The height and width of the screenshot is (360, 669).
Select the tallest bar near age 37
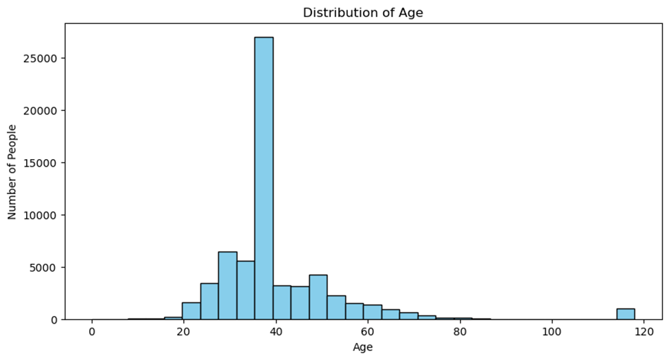pos(263,178)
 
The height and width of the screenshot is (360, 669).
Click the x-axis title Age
pos(363,348)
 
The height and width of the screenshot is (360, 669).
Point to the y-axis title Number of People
pos(12,171)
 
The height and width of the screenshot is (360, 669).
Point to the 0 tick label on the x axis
pos(92,332)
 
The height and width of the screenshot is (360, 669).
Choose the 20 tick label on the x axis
pos(183,332)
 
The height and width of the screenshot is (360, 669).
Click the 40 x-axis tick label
pos(275,332)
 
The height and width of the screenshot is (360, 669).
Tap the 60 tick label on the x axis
pos(367,332)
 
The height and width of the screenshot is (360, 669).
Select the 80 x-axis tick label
pos(459,332)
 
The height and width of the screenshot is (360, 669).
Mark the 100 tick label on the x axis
pos(551,332)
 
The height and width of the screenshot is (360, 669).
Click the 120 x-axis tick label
pos(643,332)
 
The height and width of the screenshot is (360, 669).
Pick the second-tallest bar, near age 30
pos(227,286)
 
